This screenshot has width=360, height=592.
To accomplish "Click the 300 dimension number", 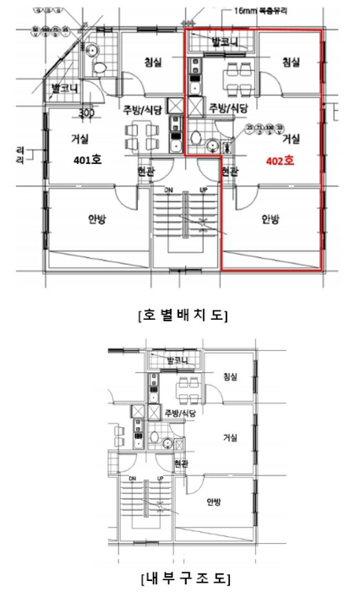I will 86,113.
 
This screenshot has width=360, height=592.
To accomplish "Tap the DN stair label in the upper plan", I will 168,190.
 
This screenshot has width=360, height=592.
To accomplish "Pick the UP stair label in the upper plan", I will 203,190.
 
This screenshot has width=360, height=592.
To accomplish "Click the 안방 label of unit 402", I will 270,220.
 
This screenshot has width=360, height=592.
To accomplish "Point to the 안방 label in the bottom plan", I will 214,502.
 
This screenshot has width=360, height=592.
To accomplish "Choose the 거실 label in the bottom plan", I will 230,437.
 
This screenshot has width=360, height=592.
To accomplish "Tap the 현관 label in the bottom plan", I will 181,463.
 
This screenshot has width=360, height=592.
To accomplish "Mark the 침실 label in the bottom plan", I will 230,375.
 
